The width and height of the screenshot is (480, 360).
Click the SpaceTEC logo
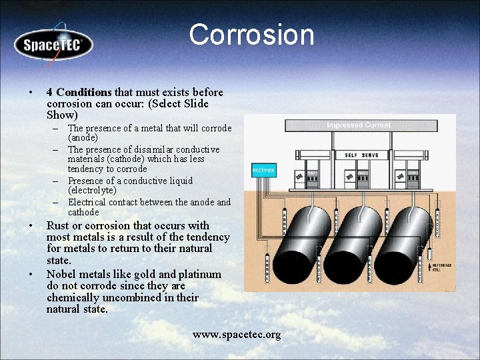[53, 45]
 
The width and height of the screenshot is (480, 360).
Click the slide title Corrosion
[251, 35]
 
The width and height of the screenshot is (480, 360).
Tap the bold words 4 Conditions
[79, 92]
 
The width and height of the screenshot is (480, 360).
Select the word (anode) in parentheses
[83, 138]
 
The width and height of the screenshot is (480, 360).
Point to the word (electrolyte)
[92, 191]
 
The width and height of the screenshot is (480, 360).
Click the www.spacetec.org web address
[237, 334]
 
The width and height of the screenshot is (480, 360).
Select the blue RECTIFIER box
[263, 171]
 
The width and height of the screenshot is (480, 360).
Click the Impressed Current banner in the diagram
[359, 125]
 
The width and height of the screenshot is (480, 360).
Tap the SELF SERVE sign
[361, 155]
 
